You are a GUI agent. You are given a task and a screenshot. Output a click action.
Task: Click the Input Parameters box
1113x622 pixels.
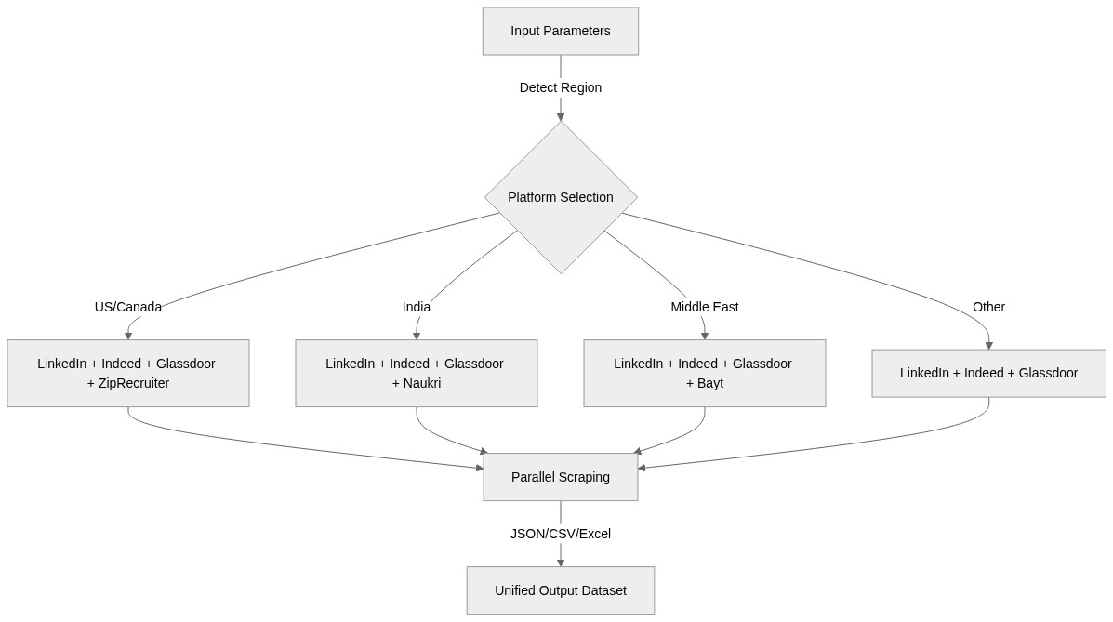[560, 32]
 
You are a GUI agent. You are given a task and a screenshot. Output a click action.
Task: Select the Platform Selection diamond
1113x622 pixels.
[560, 197]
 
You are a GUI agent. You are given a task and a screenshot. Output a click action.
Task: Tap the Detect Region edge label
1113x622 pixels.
[560, 87]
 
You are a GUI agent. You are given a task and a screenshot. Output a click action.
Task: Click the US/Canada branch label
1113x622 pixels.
[128, 307]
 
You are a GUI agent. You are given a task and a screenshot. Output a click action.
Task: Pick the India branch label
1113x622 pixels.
[416, 307]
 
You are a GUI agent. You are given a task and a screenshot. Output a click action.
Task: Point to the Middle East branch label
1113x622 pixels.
[704, 307]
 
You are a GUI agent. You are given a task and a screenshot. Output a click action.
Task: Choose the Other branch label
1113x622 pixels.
[988, 307]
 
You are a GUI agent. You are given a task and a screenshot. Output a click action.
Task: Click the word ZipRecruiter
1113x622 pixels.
[133, 383]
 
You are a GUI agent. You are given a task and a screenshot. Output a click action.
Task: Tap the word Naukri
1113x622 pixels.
[423, 383]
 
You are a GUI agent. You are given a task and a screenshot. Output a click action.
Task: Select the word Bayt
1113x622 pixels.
[710, 383]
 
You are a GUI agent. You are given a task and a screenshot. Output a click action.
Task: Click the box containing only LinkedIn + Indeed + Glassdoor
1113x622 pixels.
[988, 373]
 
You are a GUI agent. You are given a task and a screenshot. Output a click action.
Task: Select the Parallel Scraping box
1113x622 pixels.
[560, 477]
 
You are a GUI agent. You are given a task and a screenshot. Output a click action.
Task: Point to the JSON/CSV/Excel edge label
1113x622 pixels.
[560, 534]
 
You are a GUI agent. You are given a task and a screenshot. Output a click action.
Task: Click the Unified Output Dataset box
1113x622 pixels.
[560, 590]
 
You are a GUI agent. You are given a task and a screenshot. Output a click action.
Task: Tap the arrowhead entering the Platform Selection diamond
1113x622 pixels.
[561, 117]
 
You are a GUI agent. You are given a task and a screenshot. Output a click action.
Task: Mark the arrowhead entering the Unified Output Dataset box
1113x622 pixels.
[561, 562]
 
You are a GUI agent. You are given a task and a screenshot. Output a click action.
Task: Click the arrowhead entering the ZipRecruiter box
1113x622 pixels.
[128, 336]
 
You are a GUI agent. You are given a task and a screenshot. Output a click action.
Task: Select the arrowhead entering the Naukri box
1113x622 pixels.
[417, 336]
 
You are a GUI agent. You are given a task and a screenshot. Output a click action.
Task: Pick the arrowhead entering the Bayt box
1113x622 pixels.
[705, 336]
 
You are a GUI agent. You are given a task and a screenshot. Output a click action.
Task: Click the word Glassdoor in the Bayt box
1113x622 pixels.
[762, 364]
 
